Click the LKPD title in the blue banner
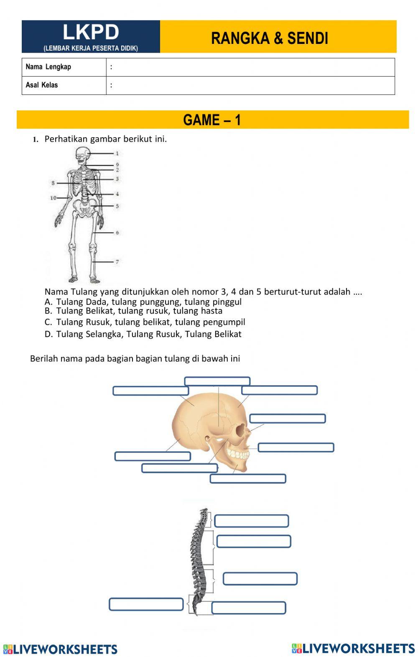click(x=91, y=32)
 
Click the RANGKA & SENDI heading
click(x=269, y=38)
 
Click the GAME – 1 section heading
click(x=212, y=120)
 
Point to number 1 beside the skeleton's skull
click(x=117, y=153)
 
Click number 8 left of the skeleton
click(x=54, y=183)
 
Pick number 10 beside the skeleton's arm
click(x=54, y=198)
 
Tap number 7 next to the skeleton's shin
click(x=117, y=262)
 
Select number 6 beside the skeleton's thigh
click(x=117, y=233)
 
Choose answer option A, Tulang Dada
click(x=143, y=302)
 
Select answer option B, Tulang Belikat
click(x=133, y=311)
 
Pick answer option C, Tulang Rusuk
click(x=145, y=322)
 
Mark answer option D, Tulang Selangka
click(x=143, y=334)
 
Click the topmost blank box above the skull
click(x=217, y=381)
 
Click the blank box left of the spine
click(x=146, y=604)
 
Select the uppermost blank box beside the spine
click(x=252, y=521)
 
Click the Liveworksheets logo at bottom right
click(x=353, y=648)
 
